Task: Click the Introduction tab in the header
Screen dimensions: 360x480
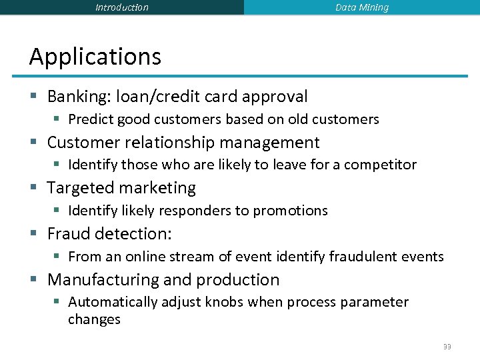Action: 122,7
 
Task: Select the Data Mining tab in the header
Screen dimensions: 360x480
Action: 362,7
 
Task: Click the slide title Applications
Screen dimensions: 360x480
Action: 95,57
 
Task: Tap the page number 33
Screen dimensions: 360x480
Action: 447,347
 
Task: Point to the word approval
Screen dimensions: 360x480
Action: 275,97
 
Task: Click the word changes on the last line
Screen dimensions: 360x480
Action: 94,319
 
